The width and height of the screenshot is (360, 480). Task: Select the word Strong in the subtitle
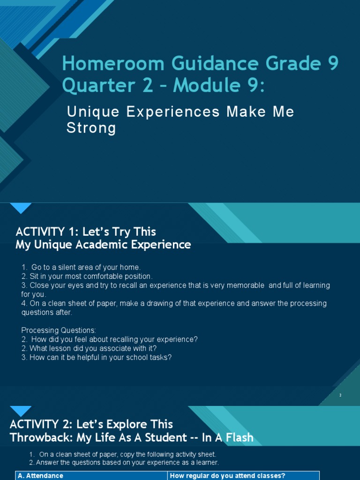[91, 127]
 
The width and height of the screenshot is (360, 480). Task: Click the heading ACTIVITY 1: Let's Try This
[86, 232]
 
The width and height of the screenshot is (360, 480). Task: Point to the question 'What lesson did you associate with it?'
[93, 348]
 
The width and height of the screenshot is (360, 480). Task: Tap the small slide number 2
[340, 395]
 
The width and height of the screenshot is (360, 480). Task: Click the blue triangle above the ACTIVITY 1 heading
[21, 207]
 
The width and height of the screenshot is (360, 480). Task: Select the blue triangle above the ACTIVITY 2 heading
[21, 410]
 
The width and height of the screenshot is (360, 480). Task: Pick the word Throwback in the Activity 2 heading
[40, 437]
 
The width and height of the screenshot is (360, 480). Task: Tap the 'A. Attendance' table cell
[40, 476]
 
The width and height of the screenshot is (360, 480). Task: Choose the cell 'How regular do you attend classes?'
[227, 476]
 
